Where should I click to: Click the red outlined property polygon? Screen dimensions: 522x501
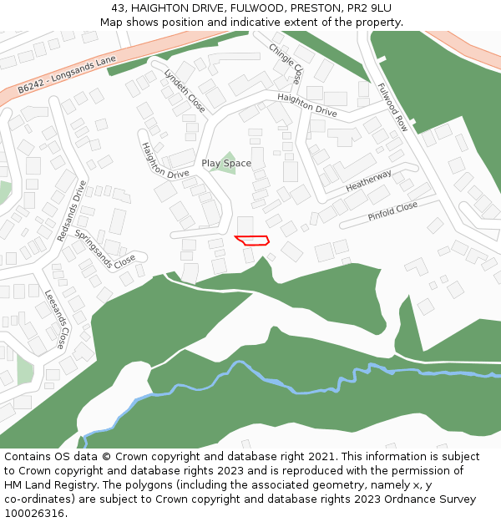point(252,241)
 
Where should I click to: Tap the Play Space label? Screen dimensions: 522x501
point(226,164)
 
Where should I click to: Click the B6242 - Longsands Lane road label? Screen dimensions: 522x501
point(67,77)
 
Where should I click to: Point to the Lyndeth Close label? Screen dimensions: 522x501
point(185,90)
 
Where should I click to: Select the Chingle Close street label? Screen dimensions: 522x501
point(286,64)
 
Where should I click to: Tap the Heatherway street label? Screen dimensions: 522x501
point(368,181)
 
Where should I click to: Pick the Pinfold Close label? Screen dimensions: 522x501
point(392,211)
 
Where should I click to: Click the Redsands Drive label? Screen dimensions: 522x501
point(72,212)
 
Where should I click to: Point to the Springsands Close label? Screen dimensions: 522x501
point(104,248)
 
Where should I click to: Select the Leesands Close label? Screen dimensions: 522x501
point(55,319)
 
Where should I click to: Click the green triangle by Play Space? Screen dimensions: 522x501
point(223,160)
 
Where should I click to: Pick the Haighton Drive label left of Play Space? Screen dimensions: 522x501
point(164,160)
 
